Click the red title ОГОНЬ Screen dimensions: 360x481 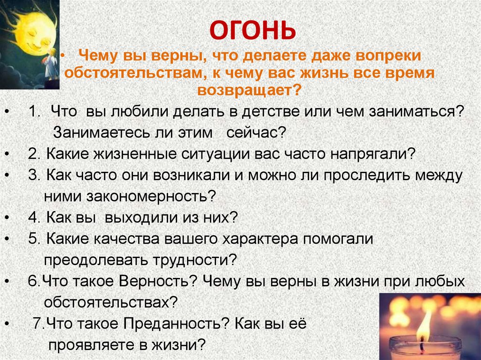point(252,31)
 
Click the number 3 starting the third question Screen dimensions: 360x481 point(32,176)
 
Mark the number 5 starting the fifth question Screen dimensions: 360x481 point(32,238)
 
